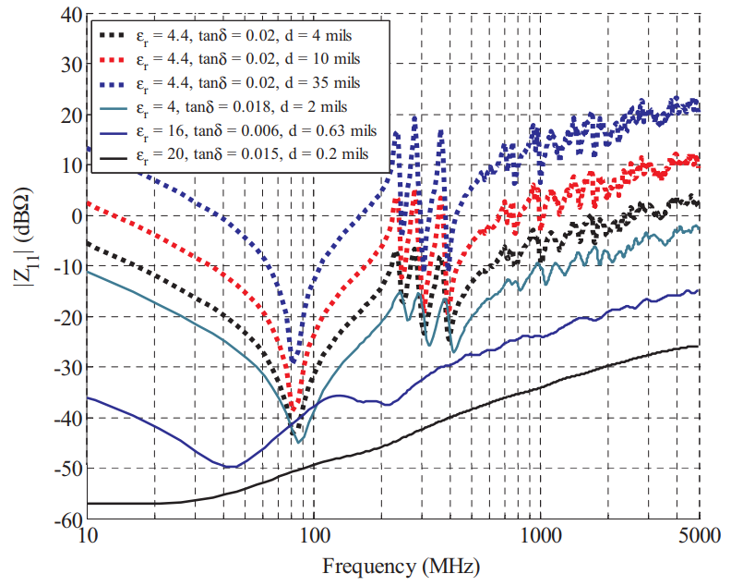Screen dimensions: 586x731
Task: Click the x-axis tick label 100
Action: [x=314, y=536]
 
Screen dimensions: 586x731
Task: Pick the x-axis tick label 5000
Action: [x=699, y=536]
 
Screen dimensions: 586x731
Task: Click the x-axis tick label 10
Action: [x=88, y=536]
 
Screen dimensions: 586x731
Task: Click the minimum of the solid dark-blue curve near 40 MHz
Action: [x=229, y=467]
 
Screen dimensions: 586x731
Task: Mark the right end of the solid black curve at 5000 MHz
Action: [x=698, y=347]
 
